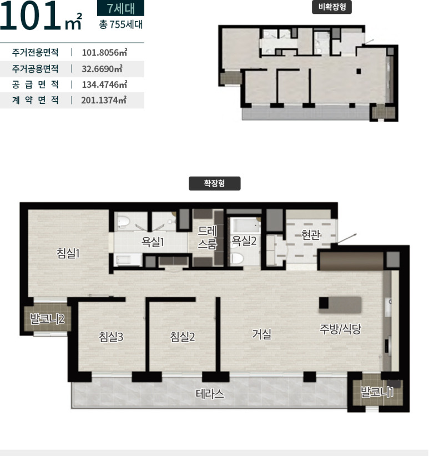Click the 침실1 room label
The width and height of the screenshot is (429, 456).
point(68,253)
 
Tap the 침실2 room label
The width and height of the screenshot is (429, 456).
point(183,337)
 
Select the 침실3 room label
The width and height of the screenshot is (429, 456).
point(111,337)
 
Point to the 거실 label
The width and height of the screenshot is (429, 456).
point(261,334)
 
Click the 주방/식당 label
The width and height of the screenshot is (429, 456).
point(340,329)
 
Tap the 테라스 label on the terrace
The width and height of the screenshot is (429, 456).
point(210,394)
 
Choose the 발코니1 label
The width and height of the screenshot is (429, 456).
point(377,392)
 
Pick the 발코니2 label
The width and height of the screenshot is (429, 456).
point(47,319)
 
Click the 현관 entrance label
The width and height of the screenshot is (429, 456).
point(311,235)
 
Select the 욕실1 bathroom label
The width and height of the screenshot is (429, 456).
point(153,242)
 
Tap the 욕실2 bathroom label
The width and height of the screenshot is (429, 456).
point(244,241)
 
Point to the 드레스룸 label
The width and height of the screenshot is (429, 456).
point(207,238)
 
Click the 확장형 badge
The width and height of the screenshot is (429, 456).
point(214,183)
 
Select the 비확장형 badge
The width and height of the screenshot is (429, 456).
point(332,7)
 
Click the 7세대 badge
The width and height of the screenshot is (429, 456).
point(120,8)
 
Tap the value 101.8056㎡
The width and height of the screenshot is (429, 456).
point(105,53)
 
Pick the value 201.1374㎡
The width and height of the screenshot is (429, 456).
point(104,101)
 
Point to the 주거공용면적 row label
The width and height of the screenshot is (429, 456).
point(35,69)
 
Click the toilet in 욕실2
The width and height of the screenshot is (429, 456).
point(236,258)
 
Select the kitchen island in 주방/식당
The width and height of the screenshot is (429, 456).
point(340,305)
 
